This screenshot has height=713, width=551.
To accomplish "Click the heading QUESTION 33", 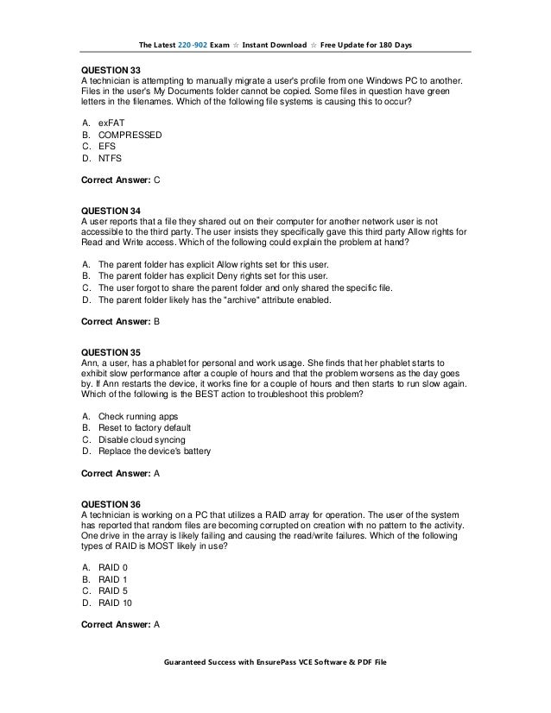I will click(x=111, y=69).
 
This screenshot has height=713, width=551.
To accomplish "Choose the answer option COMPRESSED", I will click(x=130, y=136).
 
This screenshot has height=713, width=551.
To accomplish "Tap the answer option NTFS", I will click(x=110, y=159).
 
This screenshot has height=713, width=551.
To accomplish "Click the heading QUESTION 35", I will click(x=111, y=353).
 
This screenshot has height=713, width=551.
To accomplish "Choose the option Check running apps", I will click(x=137, y=417).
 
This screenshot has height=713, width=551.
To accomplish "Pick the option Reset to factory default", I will click(x=144, y=428).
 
